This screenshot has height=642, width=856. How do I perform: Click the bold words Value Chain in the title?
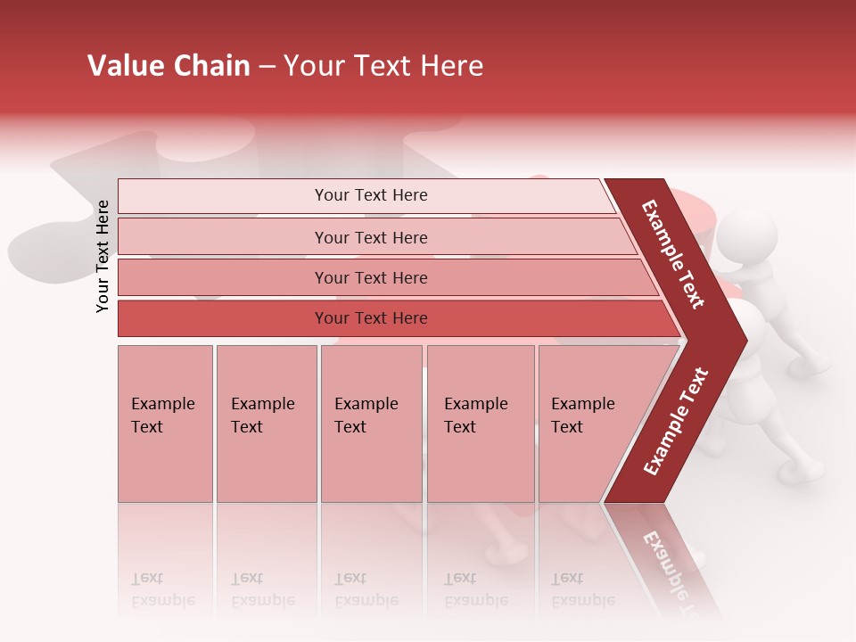[x=169, y=66]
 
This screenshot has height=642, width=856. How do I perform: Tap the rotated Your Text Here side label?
[x=103, y=256]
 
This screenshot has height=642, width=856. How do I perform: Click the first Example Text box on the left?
[x=165, y=424]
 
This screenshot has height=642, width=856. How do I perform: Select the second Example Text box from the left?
[x=266, y=424]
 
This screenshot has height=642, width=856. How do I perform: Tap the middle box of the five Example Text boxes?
[x=371, y=424]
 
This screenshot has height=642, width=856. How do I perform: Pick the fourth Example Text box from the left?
[x=480, y=424]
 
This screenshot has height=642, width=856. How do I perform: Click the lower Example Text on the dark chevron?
[x=676, y=421]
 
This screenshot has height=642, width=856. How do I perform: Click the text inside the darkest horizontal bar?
[x=371, y=318]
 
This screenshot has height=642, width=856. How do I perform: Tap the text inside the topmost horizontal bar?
[x=371, y=195]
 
